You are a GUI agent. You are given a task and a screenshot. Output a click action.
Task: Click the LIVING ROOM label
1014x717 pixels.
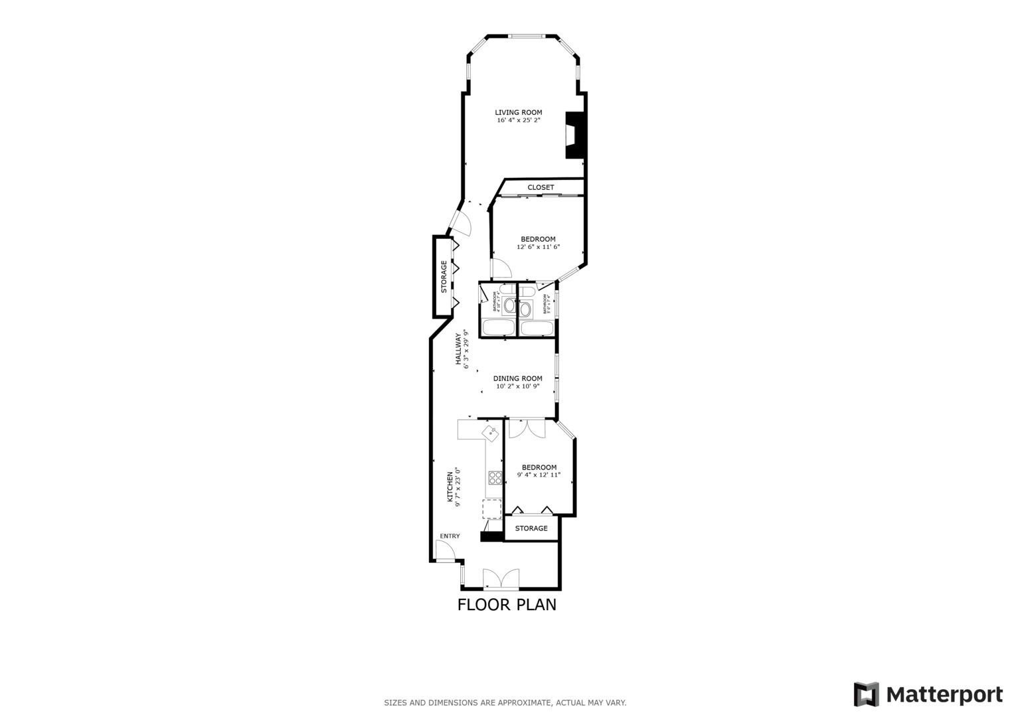click(x=518, y=112)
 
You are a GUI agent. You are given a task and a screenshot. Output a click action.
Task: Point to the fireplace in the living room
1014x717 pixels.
click(x=573, y=135)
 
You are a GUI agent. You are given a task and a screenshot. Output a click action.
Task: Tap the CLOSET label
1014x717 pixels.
click(x=541, y=188)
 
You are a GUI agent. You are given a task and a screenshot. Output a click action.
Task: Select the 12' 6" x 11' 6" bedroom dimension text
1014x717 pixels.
click(x=538, y=247)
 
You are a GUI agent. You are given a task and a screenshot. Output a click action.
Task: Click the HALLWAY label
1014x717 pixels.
click(x=458, y=349)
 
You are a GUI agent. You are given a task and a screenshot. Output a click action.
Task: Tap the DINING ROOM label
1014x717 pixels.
click(x=517, y=378)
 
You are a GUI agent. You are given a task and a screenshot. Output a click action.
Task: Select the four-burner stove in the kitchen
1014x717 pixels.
click(x=495, y=477)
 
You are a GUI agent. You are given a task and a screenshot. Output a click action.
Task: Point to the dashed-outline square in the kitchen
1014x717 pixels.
click(x=491, y=509)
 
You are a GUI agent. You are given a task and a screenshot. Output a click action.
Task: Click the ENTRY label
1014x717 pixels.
click(x=450, y=536)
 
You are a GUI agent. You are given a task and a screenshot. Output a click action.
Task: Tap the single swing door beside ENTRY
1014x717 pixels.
click(x=444, y=550)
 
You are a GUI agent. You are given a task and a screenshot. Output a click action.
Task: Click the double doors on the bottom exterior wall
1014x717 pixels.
click(x=500, y=579)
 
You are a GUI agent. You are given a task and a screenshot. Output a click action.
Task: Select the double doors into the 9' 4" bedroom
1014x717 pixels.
click(x=527, y=428)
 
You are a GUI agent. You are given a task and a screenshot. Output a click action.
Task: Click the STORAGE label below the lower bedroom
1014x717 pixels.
click(x=531, y=528)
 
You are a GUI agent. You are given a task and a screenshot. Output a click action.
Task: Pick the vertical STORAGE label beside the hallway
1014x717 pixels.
click(x=444, y=277)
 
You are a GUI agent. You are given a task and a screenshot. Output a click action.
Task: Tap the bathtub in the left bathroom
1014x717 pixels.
click(x=497, y=328)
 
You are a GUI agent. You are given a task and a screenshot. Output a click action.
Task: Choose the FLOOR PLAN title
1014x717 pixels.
click(x=507, y=605)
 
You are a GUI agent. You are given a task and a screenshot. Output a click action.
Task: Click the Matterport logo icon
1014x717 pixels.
click(x=866, y=695)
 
